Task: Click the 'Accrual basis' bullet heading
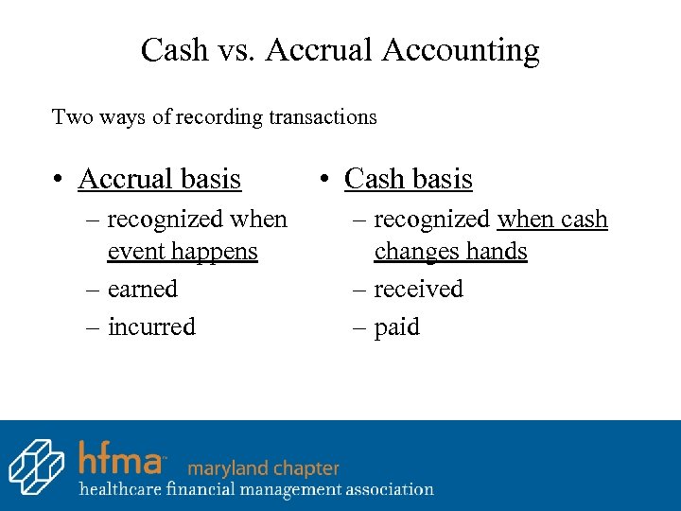click(159, 178)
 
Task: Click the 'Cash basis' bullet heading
click(408, 178)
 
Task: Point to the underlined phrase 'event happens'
click(183, 251)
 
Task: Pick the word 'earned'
click(143, 289)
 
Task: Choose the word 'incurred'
click(151, 326)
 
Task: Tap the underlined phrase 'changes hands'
click(450, 251)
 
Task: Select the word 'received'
click(418, 289)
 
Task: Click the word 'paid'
click(396, 327)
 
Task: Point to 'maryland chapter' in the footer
click(263, 467)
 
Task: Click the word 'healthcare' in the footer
click(120, 489)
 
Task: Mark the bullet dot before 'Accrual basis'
click(59, 179)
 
